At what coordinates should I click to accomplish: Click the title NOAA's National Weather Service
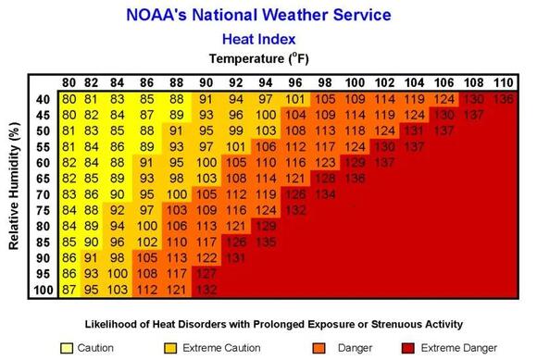268,15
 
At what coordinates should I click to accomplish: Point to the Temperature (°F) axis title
268,59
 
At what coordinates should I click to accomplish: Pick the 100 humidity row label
42,291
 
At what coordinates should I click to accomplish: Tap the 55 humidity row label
44,146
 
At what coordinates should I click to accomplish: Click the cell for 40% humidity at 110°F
503,98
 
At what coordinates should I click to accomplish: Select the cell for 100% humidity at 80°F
69,291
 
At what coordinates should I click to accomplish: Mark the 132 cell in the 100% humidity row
206,291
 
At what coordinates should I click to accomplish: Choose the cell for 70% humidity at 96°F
295,194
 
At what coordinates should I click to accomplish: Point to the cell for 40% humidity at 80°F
69,98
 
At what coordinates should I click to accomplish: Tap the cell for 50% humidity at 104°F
414,130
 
